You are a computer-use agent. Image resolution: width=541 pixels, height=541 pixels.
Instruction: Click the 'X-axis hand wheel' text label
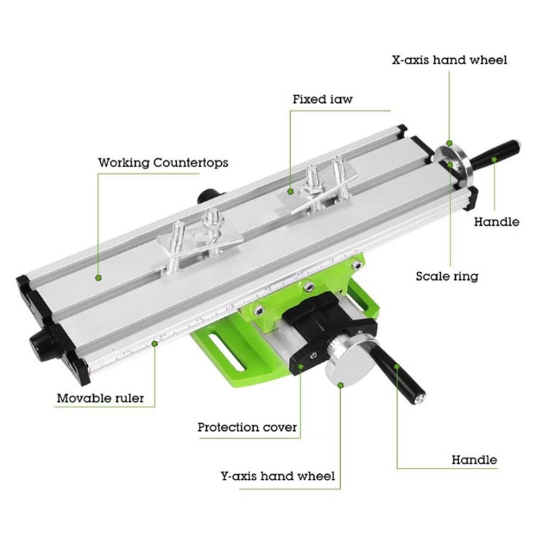point(449,60)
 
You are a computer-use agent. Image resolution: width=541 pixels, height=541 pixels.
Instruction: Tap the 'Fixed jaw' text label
point(323,99)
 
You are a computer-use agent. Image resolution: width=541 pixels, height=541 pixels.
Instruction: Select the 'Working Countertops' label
point(163,163)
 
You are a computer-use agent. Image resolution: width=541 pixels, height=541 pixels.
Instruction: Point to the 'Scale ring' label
point(446,276)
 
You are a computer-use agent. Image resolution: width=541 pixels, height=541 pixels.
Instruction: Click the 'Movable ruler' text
point(100,398)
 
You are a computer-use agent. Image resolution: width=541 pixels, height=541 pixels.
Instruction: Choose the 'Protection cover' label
point(247,427)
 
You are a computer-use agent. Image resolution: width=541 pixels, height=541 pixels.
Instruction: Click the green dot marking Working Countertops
point(98,277)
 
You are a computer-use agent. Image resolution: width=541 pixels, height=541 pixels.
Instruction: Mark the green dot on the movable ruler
point(155,344)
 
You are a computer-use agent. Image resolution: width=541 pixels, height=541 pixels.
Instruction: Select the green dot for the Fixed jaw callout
point(291,192)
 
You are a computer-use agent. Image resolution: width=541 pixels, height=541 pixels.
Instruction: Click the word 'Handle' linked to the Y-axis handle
point(474,460)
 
